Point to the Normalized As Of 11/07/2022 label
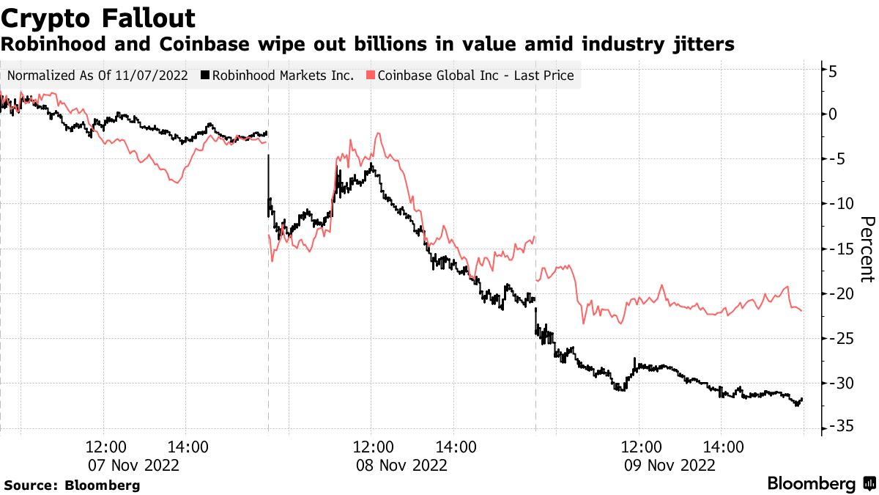click(97, 76)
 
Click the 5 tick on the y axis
click(833, 71)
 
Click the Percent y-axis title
click(867, 249)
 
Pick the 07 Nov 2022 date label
click(133, 465)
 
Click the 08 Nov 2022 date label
click(401, 465)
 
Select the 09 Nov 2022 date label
click(669, 465)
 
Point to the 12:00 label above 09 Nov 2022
click(641, 447)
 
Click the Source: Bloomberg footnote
click(72, 485)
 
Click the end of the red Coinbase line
click(801, 310)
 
